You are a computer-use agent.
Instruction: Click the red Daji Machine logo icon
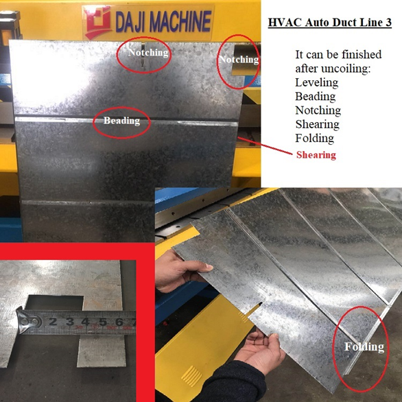(98, 23)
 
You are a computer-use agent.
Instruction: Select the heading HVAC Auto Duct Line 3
(330, 23)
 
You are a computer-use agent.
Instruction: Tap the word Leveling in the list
(317, 82)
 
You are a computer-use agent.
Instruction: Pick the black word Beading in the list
(316, 97)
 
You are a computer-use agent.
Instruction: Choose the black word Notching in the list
(318, 110)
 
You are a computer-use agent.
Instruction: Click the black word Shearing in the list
(317, 124)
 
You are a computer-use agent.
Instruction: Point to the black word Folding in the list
(315, 138)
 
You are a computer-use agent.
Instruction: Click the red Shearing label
(316, 155)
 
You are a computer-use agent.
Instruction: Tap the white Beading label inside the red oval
(122, 121)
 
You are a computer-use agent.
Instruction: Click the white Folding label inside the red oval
(364, 346)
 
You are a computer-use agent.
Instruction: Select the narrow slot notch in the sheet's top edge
(143, 55)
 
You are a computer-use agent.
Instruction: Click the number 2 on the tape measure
(53, 322)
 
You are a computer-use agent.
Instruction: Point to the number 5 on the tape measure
(103, 322)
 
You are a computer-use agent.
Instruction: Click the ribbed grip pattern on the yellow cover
(192, 376)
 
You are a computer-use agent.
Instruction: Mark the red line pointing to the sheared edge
(265, 146)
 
